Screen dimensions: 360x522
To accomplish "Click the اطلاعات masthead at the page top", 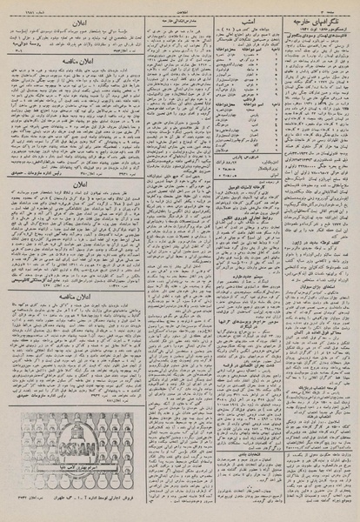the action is coord(180,6).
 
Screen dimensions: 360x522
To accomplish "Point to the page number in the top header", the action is coord(341,6).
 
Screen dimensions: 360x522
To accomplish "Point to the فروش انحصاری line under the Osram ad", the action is coord(61,507).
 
